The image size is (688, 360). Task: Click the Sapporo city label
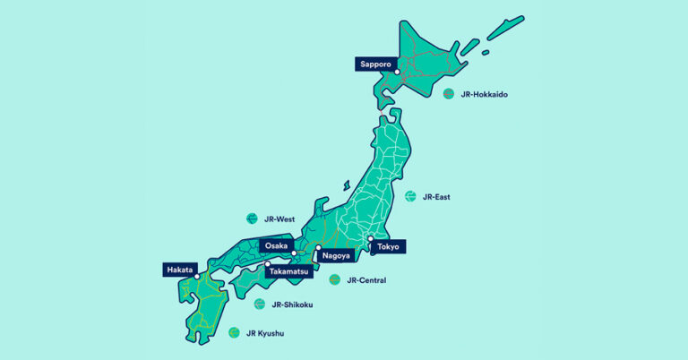tap(374, 64)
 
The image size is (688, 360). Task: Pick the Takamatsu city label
tap(288, 270)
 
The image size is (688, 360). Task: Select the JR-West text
tap(279, 219)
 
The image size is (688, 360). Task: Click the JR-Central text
tap(367, 280)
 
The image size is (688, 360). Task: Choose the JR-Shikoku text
tap(291, 304)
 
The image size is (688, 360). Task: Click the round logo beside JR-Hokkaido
tap(449, 93)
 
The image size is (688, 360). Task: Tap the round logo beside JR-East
tap(410, 196)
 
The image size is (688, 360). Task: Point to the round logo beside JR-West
tap(252, 219)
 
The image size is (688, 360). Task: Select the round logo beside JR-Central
tap(334, 280)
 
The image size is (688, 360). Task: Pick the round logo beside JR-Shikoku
tap(259, 304)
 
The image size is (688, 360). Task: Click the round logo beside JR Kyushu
tap(235, 332)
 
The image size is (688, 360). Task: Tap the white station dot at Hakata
tap(197, 277)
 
